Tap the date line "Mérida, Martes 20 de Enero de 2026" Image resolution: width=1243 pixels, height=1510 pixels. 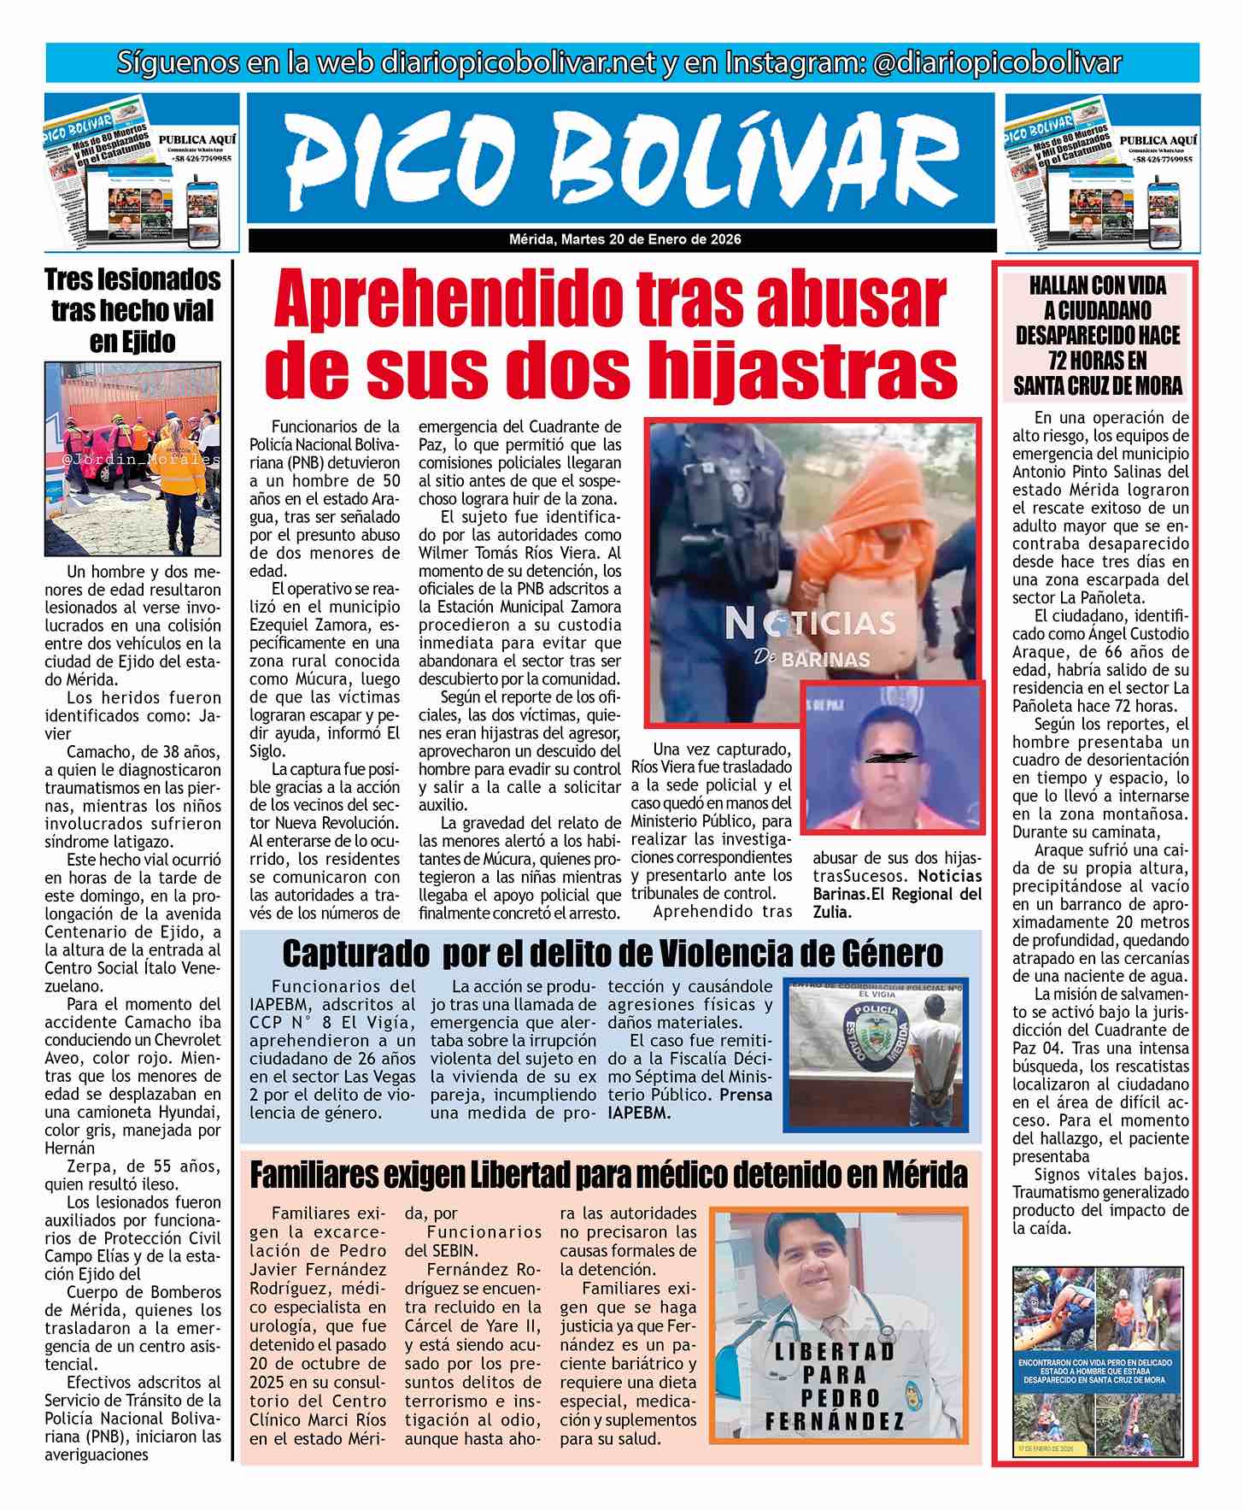[x=621, y=239]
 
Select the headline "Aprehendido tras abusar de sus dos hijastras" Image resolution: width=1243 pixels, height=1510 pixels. [x=613, y=336]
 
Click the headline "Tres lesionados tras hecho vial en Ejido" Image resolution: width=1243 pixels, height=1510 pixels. [x=132, y=310]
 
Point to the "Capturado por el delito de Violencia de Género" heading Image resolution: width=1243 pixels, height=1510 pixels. [x=613, y=953]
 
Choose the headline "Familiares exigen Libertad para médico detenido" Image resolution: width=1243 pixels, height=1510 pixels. [x=608, y=1175]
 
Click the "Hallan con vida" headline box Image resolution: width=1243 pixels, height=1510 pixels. [x=1097, y=336]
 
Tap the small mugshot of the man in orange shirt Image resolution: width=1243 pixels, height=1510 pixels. [x=893, y=755]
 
